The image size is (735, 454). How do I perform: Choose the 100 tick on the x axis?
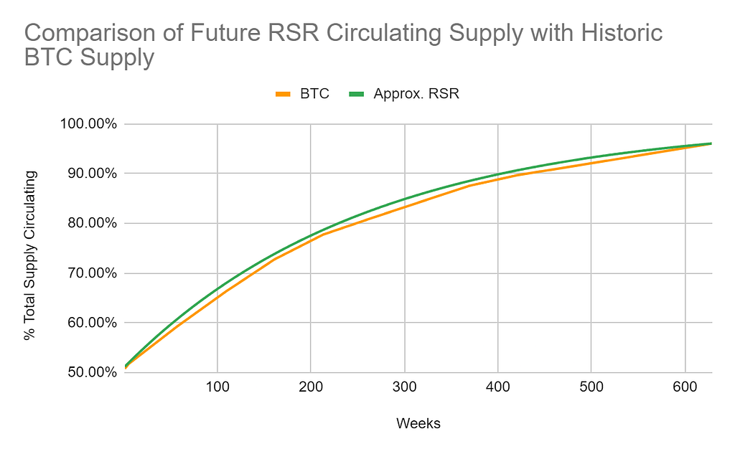coord(217,387)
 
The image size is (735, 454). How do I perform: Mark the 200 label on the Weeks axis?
coord(310,387)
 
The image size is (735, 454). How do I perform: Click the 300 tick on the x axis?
coord(404,387)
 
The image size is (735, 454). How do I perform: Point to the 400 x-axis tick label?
coord(497,387)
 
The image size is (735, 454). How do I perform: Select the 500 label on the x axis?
coord(591,387)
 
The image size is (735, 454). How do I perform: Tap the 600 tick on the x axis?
coord(685,387)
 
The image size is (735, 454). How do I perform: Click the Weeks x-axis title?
coord(418,424)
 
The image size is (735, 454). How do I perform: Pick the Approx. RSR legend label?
coord(416,94)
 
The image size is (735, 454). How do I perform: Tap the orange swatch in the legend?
coord(284,94)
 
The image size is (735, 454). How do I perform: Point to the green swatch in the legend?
coord(357,94)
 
